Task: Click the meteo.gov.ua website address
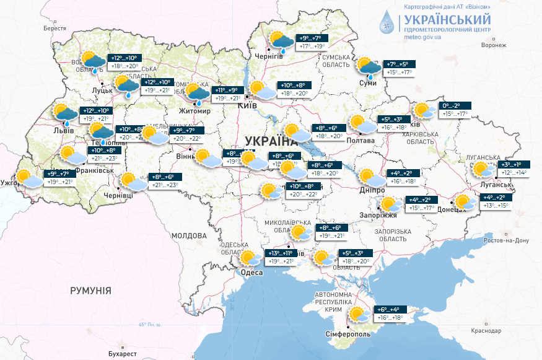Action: (422, 37)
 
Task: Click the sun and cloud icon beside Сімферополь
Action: (357, 315)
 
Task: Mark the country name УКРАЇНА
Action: (273, 139)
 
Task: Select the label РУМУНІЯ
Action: (90, 290)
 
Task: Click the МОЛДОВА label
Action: (188, 236)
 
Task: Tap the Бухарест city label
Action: (121, 353)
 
